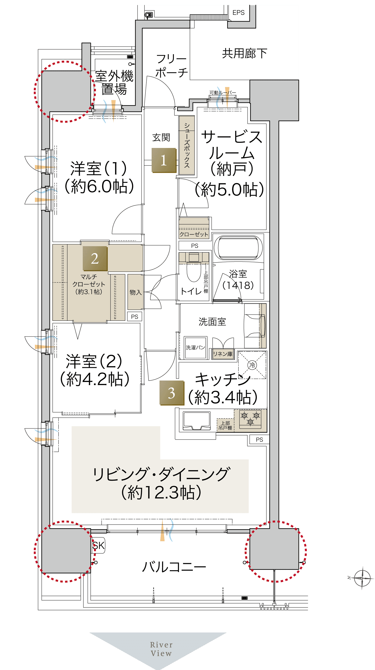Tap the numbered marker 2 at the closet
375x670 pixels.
coord(95,259)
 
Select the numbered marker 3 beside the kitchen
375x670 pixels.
coord(172,393)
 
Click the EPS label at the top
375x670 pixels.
coord(238,12)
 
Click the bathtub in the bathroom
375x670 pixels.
coord(240,247)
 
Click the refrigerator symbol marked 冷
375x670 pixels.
coord(252,365)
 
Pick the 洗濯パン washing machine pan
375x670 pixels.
coord(195,348)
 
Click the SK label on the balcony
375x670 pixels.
coord(98,545)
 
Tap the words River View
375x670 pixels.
coord(161,649)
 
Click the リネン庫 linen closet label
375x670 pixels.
coord(223,354)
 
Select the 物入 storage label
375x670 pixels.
coord(136,292)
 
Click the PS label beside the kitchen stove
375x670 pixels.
coord(259,440)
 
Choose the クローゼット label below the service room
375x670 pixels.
coord(194,234)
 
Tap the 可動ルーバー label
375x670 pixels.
coord(223,93)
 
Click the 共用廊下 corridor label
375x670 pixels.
coord(245,54)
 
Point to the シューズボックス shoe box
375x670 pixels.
coord(187,145)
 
